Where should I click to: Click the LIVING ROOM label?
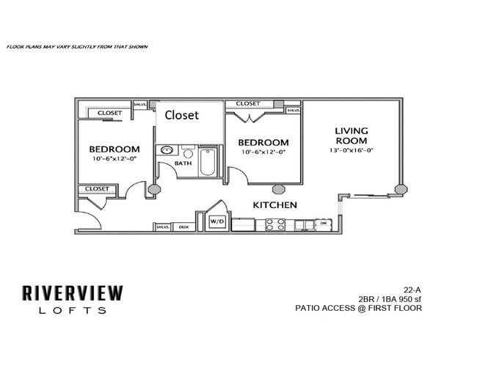click(x=352, y=136)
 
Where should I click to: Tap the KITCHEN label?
click(x=275, y=205)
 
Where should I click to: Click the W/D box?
click(x=217, y=221)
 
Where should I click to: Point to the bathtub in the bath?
click(x=207, y=163)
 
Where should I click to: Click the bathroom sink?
click(x=167, y=152)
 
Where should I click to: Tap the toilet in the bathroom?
click(x=186, y=154)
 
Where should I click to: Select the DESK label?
click(x=183, y=227)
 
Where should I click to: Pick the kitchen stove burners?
click(x=274, y=224)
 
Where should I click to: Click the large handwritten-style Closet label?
click(x=181, y=115)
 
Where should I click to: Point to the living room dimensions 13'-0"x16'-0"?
click(x=352, y=150)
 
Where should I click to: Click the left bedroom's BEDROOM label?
click(x=114, y=149)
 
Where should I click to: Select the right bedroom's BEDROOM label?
click(x=263, y=142)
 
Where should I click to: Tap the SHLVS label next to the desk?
click(x=162, y=227)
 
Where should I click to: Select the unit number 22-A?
click(x=412, y=288)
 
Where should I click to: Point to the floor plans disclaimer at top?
click(x=77, y=47)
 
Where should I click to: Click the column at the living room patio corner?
click(x=400, y=188)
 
